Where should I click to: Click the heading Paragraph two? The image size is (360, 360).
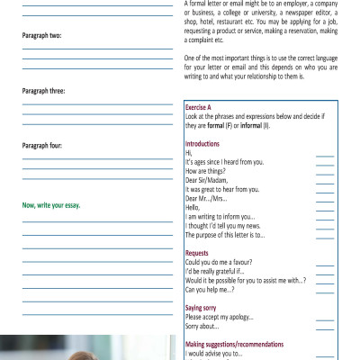(x=41, y=35)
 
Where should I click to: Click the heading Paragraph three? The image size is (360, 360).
(x=43, y=90)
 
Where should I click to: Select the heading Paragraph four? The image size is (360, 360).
(x=42, y=145)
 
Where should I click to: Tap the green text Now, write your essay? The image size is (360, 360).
(x=50, y=205)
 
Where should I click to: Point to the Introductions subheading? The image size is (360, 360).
(x=202, y=144)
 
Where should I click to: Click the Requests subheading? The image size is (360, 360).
(x=197, y=254)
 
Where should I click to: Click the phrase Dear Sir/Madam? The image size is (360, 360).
(x=208, y=180)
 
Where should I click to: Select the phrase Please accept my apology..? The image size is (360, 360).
(x=219, y=317)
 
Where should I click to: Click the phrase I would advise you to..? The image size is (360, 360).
(x=213, y=354)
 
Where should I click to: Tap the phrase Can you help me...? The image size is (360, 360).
(x=210, y=290)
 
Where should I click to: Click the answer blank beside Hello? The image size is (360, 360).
(x=325, y=208)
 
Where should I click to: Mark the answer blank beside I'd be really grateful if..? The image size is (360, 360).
(x=325, y=272)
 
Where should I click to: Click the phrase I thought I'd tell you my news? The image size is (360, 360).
(x=225, y=226)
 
